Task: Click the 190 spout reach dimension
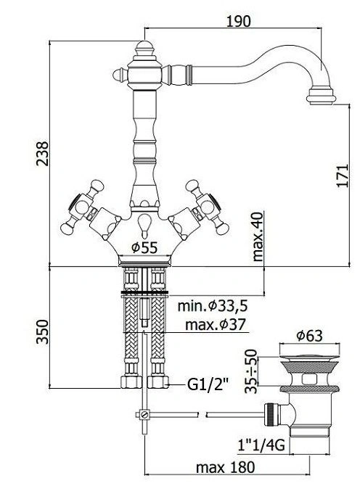pos(239,21)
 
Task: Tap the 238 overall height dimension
pos(42,154)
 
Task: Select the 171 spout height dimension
pos(343,176)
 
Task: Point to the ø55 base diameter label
pos(144,248)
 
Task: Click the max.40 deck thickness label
pos(258,236)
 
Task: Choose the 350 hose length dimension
pos(42,331)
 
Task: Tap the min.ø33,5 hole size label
pos(213,305)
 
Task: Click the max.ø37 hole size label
pos(216,324)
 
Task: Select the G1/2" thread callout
pos(208,384)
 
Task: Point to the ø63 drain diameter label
pos(309,336)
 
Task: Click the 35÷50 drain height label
pos(251,371)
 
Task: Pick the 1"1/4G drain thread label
pos(261,445)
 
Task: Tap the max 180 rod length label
pos(226,468)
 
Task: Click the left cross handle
pos(82,206)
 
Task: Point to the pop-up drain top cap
pos(309,357)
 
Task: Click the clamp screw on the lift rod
pos(144,415)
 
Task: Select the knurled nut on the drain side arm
pos(271,415)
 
